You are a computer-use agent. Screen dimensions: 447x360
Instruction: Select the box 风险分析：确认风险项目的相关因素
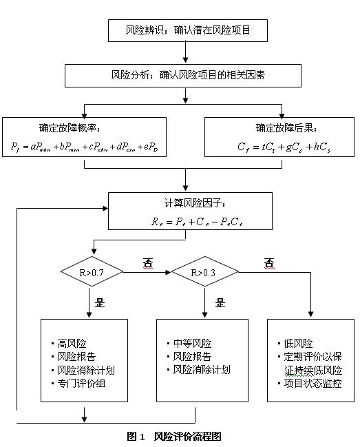coord(185,74)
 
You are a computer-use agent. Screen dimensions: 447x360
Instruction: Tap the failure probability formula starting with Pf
coord(84,147)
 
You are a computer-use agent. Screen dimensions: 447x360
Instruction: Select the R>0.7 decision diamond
coord(92,272)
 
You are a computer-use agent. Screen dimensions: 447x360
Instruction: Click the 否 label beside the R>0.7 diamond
coord(147,263)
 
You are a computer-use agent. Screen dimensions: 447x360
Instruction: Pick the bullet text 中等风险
coord(192,344)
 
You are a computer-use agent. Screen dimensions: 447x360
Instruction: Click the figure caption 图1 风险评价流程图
coord(174,437)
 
